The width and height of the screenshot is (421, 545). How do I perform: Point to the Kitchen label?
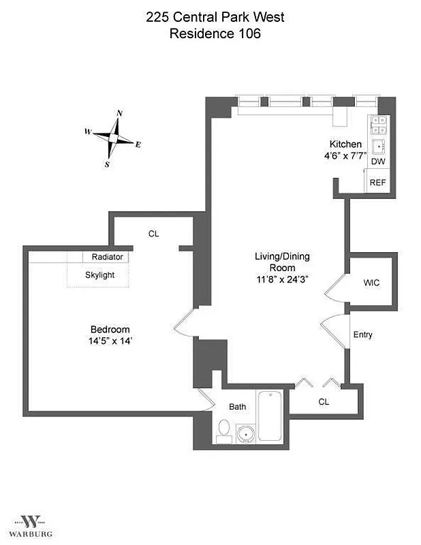coord(345,144)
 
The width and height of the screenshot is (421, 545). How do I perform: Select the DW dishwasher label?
coord(378,162)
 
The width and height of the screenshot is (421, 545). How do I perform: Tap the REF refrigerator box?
coord(377,183)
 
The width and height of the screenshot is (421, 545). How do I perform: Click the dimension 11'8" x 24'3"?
coord(282,279)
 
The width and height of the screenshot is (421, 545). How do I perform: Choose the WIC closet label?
coord(372,281)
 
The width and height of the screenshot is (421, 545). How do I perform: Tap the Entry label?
coord(362,335)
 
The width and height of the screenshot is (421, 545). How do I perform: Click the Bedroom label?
coord(110,329)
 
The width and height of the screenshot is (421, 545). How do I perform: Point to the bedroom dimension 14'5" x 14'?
coord(110,341)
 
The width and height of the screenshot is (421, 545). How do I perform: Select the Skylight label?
coord(99,275)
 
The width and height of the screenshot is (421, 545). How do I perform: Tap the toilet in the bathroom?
coord(223,429)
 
